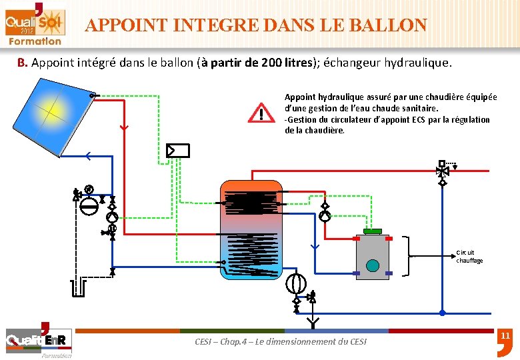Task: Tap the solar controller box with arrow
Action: pos(178,151)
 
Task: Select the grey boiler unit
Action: pos(377,256)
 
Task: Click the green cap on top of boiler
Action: pos(373,231)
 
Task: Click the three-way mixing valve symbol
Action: pos(441,171)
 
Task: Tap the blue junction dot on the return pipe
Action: pos(442,312)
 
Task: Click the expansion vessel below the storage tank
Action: pos(295,284)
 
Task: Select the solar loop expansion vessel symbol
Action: pos(88,204)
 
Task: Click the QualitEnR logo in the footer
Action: pos(38,340)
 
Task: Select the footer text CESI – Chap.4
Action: pos(280,341)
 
